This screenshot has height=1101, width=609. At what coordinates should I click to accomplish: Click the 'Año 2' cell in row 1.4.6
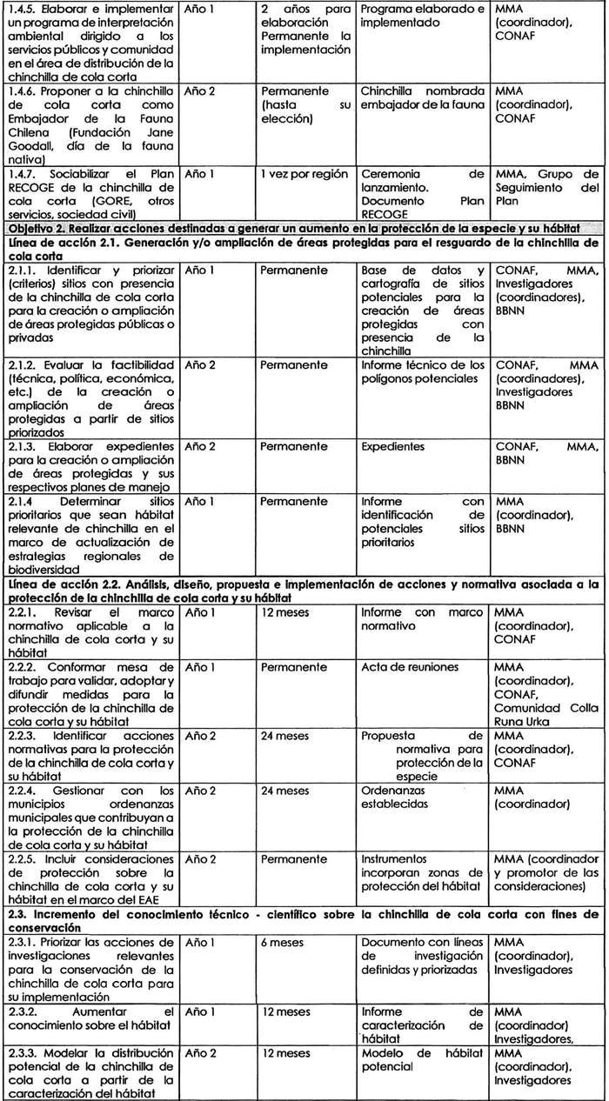point(201,91)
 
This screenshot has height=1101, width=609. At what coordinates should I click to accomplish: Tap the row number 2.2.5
point(23,857)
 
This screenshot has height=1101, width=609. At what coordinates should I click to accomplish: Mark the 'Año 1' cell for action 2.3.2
point(201,1011)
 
